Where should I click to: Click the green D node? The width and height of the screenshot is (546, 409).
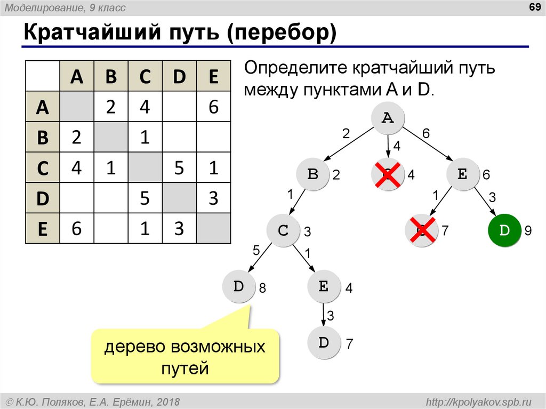point(504,230)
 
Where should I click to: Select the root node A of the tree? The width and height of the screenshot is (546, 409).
point(388,118)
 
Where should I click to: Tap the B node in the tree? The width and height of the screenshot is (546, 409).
point(312,174)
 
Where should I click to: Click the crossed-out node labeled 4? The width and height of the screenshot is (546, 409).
point(388,174)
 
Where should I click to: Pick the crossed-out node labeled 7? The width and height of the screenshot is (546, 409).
point(421,230)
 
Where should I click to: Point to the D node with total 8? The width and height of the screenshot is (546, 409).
point(238,286)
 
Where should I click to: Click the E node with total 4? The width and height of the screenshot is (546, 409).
point(324,286)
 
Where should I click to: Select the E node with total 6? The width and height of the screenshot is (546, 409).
point(462,174)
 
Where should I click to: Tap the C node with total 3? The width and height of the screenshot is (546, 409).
point(283,230)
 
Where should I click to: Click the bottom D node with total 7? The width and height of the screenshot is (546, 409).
point(324,342)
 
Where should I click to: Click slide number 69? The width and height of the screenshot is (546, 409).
point(534,7)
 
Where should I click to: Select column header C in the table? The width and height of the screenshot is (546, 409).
point(145,76)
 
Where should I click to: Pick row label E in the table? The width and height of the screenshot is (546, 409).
point(43,229)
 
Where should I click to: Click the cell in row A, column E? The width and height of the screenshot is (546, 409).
point(213,107)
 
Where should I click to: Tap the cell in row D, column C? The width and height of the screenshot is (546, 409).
point(145,198)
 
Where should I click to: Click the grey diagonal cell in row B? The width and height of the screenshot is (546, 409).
point(111,137)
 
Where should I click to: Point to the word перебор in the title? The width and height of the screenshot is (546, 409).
point(282,33)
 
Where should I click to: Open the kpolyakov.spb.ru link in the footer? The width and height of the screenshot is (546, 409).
point(478,402)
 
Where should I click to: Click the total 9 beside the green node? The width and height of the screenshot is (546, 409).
point(528,230)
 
